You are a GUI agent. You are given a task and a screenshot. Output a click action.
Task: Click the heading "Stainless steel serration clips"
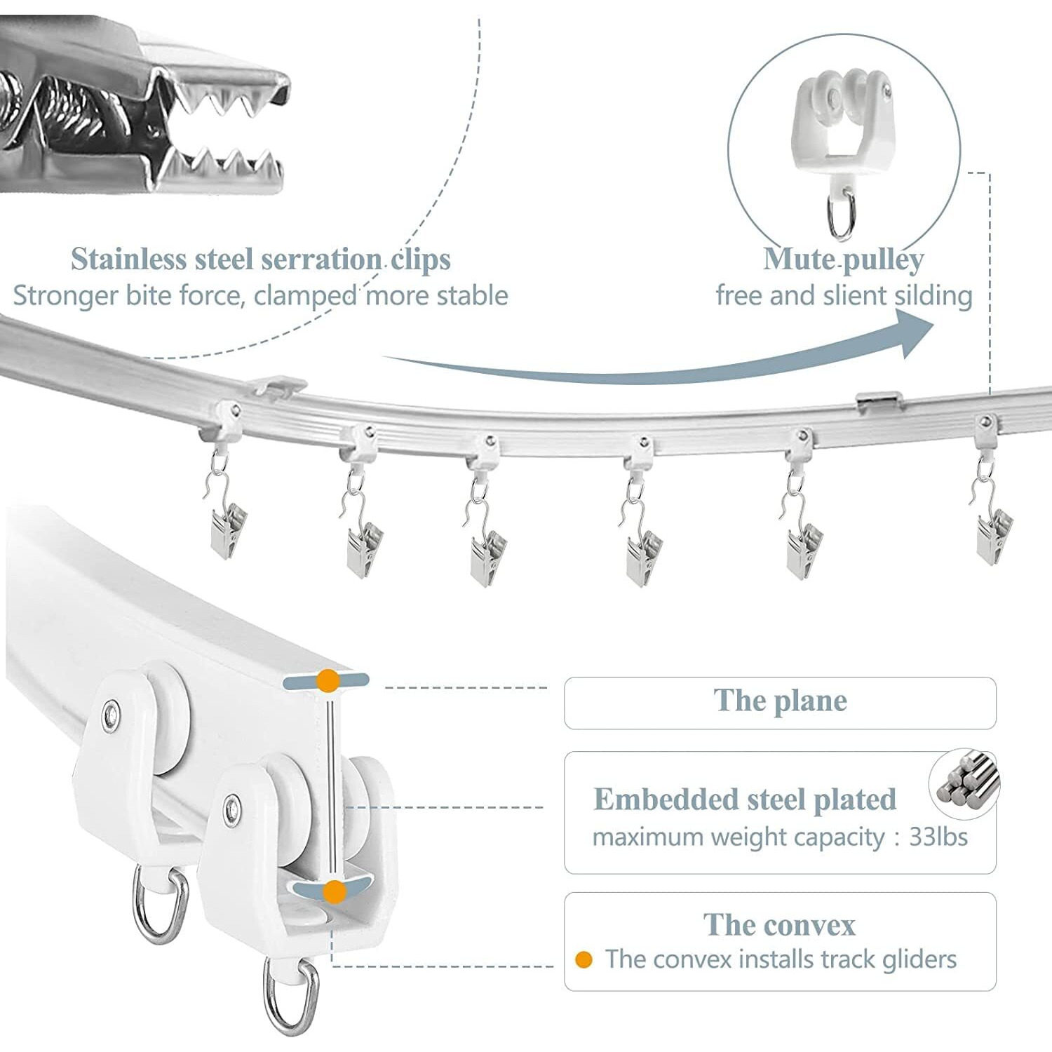[x=260, y=259]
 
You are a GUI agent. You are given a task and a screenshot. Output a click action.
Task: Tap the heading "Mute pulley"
[x=843, y=259]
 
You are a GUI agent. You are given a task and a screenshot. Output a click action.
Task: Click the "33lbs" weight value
[x=938, y=837]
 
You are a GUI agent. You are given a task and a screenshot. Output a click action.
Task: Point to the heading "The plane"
[x=780, y=701]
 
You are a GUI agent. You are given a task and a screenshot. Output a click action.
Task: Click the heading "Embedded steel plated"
[x=745, y=800]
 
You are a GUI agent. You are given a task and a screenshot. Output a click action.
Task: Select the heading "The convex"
[x=779, y=925]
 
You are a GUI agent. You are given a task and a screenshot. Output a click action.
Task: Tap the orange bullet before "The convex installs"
[x=584, y=959]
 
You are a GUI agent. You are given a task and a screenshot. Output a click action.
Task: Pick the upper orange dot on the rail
[x=328, y=680]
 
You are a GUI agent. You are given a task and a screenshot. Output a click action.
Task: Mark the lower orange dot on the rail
[x=335, y=891]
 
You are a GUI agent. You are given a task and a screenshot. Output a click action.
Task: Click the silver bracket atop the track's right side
[x=877, y=400]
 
